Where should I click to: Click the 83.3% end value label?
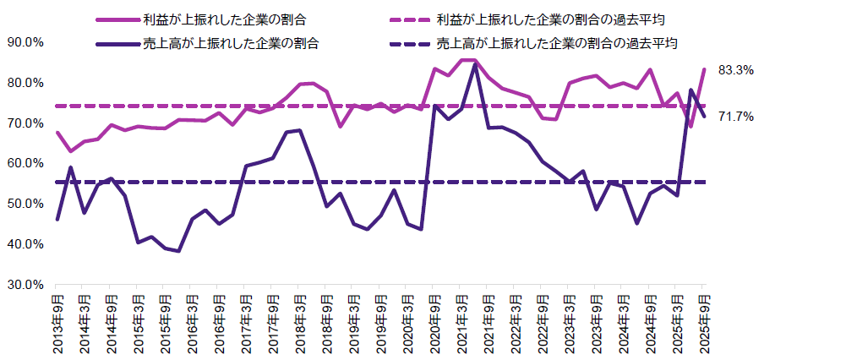click(735, 71)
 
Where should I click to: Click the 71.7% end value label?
click(735, 117)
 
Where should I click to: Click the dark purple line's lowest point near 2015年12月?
click(178, 251)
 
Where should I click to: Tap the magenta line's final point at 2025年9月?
click(704, 69)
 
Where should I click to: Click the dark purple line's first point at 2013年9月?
click(57, 220)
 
